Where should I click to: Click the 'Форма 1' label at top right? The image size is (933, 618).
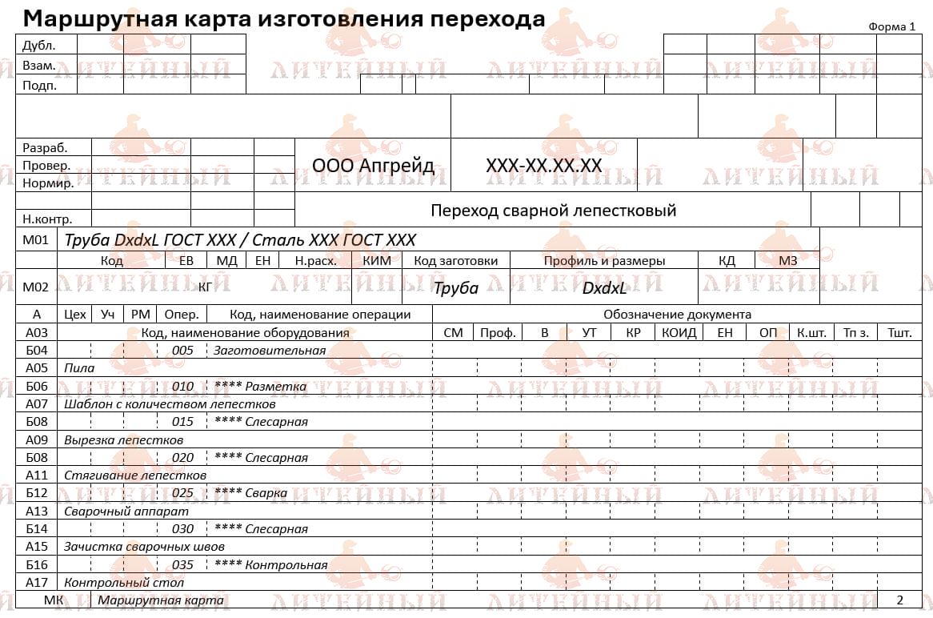[x=891, y=26]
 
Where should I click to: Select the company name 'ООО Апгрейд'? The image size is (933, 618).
[x=373, y=166]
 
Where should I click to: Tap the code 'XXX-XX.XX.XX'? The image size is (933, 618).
[x=543, y=166]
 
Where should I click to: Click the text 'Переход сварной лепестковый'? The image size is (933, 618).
[x=553, y=211]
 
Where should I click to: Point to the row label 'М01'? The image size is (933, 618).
[x=36, y=239]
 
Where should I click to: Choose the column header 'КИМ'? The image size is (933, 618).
[x=377, y=260]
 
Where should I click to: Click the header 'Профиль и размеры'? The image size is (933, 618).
[x=604, y=260]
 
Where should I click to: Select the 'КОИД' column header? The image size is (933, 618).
[x=679, y=332]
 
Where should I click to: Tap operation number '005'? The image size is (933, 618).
[x=183, y=350]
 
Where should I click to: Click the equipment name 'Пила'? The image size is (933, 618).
[x=79, y=368]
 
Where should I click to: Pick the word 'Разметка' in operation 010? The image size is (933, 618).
[x=276, y=386]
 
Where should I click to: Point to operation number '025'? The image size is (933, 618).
[x=183, y=492]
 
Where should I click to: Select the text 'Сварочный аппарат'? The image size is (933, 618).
[x=126, y=511]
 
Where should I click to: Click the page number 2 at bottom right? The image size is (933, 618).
[x=899, y=600]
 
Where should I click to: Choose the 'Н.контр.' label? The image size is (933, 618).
[x=47, y=219]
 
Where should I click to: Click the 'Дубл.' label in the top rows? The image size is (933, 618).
[x=38, y=45]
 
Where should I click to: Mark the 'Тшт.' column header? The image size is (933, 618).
[x=899, y=332]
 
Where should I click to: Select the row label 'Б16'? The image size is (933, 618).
[x=37, y=564]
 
